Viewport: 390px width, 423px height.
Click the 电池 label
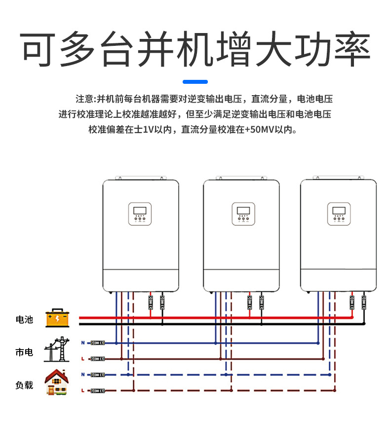(x=24, y=319)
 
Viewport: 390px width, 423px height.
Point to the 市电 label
(x=24, y=352)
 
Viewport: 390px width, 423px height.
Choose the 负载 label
(x=24, y=385)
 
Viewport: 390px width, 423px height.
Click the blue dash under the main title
(x=195, y=82)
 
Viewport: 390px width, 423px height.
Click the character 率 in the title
(x=351, y=51)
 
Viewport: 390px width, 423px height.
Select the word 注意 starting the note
(x=84, y=99)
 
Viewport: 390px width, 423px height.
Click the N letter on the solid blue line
(x=82, y=343)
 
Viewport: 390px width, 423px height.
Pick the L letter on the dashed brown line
(x=82, y=390)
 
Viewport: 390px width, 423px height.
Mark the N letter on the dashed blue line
(x=82, y=375)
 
